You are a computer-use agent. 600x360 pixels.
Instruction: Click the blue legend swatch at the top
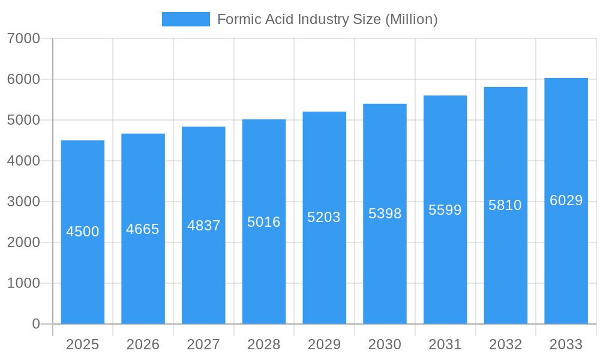click(186, 19)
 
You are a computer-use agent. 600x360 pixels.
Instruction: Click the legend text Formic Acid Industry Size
click(327, 19)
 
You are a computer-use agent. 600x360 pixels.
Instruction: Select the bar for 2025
click(83, 270)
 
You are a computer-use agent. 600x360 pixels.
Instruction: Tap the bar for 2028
click(264, 270)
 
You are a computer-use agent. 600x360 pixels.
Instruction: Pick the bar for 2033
click(566, 270)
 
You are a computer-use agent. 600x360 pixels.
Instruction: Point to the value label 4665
click(143, 229)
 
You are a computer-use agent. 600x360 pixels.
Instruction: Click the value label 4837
click(204, 226)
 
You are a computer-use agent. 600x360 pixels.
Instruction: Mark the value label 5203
click(324, 217)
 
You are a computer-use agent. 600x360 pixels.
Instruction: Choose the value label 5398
click(385, 214)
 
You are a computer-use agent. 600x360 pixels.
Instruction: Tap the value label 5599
click(445, 210)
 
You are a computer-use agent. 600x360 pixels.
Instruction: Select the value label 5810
click(505, 205)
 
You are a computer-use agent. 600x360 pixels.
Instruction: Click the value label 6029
click(566, 200)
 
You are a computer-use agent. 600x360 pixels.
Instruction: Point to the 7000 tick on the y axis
click(23, 38)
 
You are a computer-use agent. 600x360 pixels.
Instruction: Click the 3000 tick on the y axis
click(23, 202)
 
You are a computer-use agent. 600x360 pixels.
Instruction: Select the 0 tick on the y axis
click(35, 324)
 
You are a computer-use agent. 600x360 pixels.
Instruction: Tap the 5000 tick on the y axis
click(23, 120)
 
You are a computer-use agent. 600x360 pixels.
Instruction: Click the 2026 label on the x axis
click(143, 344)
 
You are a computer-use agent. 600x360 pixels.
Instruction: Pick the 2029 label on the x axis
click(324, 344)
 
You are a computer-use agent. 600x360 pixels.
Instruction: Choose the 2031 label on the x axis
click(445, 344)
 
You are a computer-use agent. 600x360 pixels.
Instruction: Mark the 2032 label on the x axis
click(505, 344)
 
